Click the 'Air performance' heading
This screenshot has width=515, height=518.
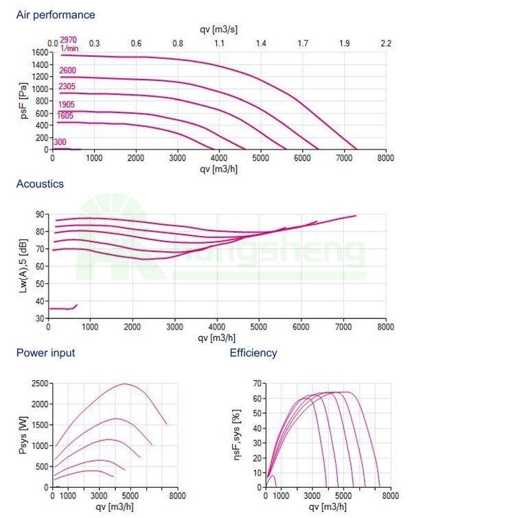coord(56,14)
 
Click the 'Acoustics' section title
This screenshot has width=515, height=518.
coord(40,184)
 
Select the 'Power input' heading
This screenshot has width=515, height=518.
coord(45,353)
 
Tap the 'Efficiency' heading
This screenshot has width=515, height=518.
coord(253,353)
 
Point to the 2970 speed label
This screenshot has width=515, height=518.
coord(68,40)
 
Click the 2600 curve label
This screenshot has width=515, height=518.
coord(67,71)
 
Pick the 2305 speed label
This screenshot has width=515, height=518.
coord(67,86)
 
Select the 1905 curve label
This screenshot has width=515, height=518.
coord(67,104)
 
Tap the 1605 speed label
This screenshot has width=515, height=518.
coord(65,116)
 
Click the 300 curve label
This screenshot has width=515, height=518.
coord(60,142)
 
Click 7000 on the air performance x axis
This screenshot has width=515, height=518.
coord(344,157)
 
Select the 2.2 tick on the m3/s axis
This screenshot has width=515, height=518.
coord(386,43)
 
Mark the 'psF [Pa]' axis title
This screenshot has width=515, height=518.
coord(23,102)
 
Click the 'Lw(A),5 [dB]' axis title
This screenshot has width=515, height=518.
coord(23,266)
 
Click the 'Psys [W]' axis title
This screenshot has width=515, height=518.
coord(23,434)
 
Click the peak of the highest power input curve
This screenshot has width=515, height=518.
coord(126,384)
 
